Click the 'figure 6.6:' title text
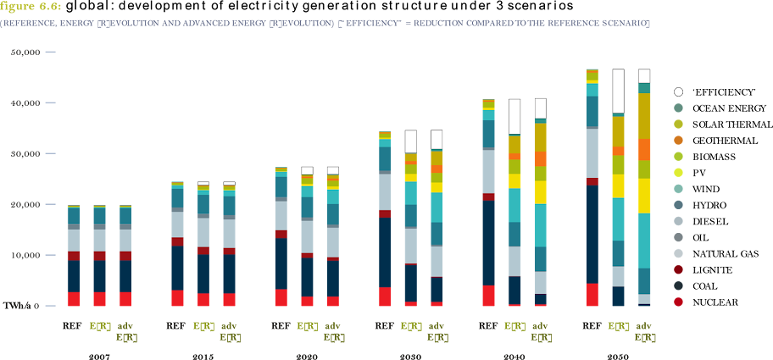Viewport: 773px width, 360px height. point(25,6)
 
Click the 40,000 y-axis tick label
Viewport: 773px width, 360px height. point(27,103)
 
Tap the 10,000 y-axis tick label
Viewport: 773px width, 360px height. point(27,255)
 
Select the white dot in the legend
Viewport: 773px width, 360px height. point(678,91)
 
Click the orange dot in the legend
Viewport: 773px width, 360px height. point(678,140)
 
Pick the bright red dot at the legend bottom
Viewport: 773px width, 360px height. point(678,302)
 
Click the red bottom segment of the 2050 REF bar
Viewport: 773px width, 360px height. point(592,294)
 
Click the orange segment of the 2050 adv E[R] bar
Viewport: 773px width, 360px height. point(644,150)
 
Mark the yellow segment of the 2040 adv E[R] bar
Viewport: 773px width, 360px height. point(541,192)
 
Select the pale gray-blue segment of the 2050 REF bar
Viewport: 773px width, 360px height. point(592,152)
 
